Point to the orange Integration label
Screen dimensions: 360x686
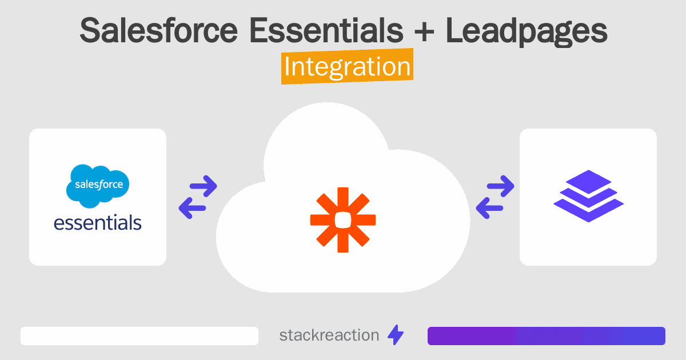(x=347, y=67)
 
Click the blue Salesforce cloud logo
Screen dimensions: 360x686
(x=97, y=185)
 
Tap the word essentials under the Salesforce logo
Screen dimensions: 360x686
(x=97, y=222)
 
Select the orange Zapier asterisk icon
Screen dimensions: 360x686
(x=343, y=219)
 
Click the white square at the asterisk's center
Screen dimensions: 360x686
(x=343, y=219)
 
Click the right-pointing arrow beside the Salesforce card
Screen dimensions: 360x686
(x=203, y=185)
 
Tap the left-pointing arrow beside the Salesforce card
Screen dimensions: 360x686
(x=191, y=207)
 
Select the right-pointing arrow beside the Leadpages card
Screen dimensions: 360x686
(x=500, y=185)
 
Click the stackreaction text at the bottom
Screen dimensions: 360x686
(x=329, y=335)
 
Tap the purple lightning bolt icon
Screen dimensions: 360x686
(x=396, y=335)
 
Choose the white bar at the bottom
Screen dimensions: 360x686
(x=139, y=336)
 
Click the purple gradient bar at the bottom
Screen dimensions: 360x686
(x=546, y=336)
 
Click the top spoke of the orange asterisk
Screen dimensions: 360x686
(x=343, y=197)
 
